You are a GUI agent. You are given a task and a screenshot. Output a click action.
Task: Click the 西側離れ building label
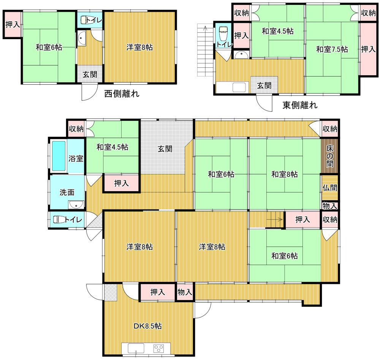(122, 94)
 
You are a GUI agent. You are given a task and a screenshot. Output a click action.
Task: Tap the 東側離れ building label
(300, 105)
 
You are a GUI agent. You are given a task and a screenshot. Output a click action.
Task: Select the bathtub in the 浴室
(59, 156)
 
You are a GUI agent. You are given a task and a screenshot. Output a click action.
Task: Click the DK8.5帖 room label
(147, 326)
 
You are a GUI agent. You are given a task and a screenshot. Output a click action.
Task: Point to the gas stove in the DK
(158, 349)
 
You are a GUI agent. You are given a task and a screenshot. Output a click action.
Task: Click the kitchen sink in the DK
(136, 348)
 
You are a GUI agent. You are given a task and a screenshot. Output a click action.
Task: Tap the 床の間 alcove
(329, 156)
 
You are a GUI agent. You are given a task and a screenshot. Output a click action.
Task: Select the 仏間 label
(329, 187)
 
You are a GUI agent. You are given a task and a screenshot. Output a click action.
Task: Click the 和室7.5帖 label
(332, 49)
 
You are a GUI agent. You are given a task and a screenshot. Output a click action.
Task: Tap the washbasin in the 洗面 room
(76, 205)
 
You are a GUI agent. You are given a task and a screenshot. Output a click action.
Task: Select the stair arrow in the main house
(275, 220)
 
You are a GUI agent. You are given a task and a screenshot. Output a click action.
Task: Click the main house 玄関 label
(165, 149)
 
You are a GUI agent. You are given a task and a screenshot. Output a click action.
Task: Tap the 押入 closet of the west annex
(13, 24)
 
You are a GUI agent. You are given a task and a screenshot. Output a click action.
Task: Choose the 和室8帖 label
(285, 174)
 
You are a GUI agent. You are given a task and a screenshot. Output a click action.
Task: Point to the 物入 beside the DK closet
(185, 292)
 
